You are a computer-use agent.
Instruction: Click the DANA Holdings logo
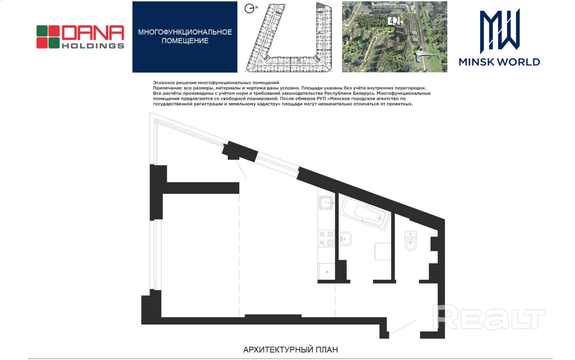[80, 37]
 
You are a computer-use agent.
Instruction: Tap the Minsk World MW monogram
[500, 31]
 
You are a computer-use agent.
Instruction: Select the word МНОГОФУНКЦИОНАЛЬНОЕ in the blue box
[185, 32]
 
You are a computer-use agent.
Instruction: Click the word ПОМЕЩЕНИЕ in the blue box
[185, 41]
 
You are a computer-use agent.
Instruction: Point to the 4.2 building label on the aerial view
[394, 21]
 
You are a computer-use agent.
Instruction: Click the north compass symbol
[249, 9]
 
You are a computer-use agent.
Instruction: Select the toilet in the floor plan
[410, 240]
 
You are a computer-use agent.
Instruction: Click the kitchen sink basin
[326, 203]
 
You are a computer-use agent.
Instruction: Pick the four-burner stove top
[326, 238]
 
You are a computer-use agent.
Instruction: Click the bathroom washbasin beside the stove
[345, 239]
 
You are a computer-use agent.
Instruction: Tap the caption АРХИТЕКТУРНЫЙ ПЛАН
[290, 350]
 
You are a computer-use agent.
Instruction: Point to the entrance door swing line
[403, 327]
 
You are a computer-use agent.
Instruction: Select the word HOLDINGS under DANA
[93, 46]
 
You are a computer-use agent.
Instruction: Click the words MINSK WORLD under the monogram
[500, 62]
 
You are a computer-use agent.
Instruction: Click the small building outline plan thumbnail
[289, 37]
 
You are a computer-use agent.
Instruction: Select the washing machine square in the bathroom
[383, 252]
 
